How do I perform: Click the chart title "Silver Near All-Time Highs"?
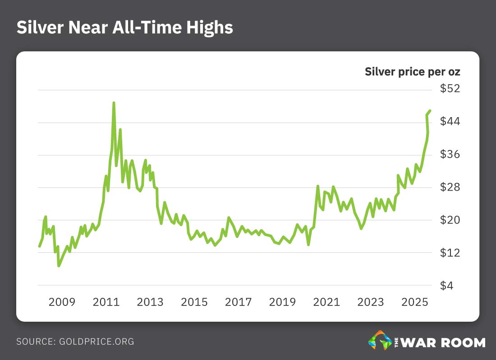click(124, 27)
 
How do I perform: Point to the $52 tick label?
click(450, 89)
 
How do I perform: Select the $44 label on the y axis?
click(450, 122)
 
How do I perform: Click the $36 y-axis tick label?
click(450, 155)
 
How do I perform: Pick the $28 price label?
click(450, 187)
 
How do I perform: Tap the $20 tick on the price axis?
click(450, 220)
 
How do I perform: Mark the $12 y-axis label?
click(450, 253)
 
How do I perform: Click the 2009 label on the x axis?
click(62, 302)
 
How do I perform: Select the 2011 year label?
click(106, 302)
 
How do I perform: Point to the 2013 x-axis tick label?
click(150, 302)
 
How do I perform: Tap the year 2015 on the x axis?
click(194, 302)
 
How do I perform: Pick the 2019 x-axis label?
click(282, 302)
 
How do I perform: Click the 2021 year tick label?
click(326, 302)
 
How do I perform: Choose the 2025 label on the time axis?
click(415, 302)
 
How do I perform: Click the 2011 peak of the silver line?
click(114, 103)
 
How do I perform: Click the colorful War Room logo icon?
click(380, 341)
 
